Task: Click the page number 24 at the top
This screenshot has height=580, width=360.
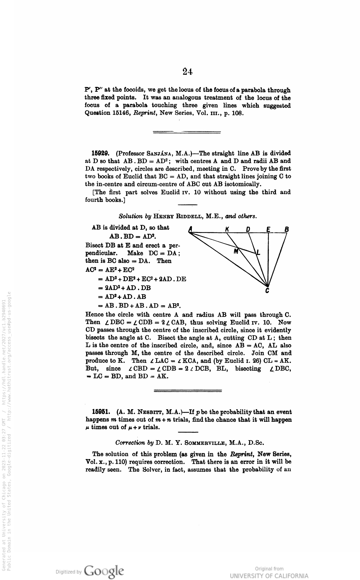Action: click(188, 72)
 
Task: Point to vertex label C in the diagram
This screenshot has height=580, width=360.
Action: click(267, 291)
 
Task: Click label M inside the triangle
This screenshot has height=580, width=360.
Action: click(236, 251)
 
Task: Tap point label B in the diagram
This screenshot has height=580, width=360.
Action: click(287, 229)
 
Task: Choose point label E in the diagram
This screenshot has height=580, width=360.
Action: click(268, 229)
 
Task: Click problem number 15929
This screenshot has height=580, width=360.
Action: click(100, 153)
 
